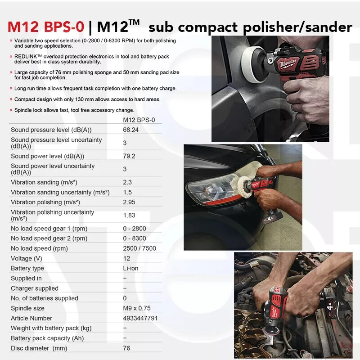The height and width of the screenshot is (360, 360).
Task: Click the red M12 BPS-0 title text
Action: (x=45, y=27)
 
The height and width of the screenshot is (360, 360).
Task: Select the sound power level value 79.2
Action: (x=129, y=156)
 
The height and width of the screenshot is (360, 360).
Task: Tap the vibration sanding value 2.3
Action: (x=127, y=182)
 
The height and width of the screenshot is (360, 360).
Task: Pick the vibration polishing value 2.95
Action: (x=129, y=202)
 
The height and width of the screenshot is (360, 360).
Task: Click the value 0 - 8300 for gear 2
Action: (x=135, y=238)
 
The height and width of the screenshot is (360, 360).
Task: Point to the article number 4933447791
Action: (x=140, y=318)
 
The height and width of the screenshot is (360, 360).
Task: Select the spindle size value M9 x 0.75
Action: (x=137, y=308)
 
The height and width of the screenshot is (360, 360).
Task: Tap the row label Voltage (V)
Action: (x=27, y=258)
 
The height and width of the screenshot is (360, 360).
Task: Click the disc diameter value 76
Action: (x=126, y=348)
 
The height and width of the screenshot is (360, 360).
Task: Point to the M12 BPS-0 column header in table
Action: (x=139, y=120)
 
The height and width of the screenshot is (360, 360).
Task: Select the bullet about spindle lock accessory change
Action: (x=74, y=110)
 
